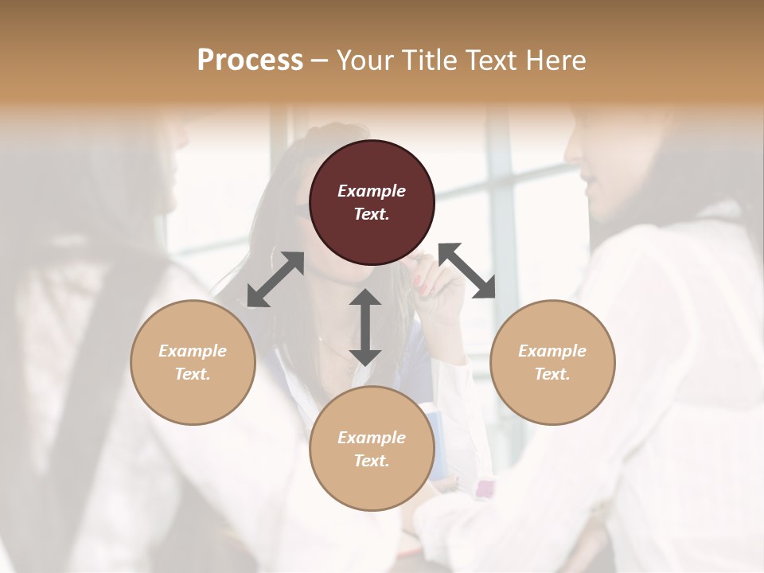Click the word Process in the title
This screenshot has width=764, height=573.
[x=250, y=60]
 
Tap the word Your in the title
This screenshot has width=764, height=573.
[x=363, y=60]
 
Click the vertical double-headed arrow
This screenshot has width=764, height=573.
[x=365, y=327]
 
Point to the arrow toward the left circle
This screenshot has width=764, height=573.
[x=275, y=279]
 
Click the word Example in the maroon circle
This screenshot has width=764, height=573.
[x=372, y=191]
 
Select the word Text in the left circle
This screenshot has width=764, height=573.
[x=193, y=374]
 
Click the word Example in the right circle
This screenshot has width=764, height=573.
[x=552, y=351]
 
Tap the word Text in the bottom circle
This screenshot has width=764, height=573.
[x=372, y=461]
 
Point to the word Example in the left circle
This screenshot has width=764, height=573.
[x=193, y=351]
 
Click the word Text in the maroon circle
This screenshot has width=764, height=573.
[x=372, y=214]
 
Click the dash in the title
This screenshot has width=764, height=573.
[x=319, y=60]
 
